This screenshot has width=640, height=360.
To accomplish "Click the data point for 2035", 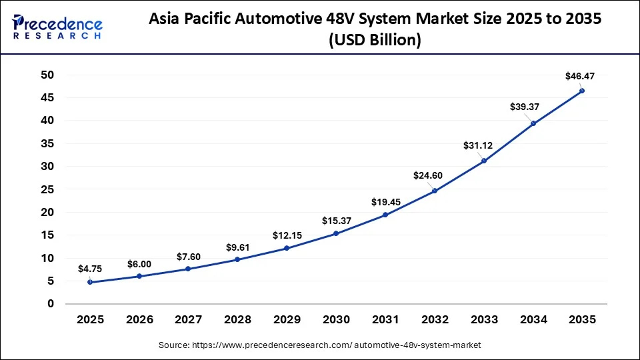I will click(x=582, y=91).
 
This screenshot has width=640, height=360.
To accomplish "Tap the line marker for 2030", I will click(x=336, y=233).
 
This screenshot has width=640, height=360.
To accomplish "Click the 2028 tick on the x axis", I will click(x=237, y=320).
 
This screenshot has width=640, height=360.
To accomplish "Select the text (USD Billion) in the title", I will click(x=375, y=41).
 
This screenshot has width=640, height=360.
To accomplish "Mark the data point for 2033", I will click(x=484, y=161).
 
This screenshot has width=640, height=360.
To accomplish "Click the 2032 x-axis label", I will click(x=434, y=320).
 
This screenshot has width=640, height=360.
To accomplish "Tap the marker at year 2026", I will click(x=139, y=276).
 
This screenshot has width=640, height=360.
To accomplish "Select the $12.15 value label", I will click(x=287, y=235).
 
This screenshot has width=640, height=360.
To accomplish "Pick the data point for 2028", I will click(x=237, y=259).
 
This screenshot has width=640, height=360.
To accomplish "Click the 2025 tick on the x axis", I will click(x=90, y=320).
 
